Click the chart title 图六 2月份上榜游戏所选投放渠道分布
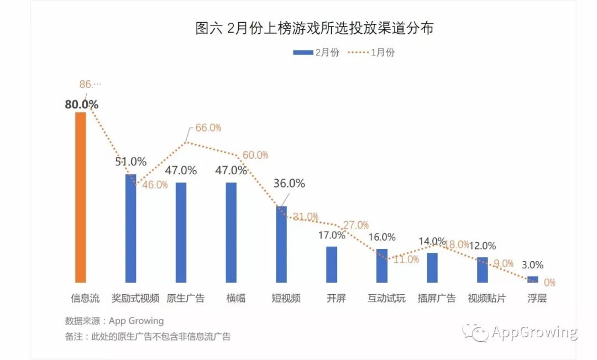[x=314, y=28]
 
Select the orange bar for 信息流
[x=81, y=197]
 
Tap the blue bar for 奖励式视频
[x=130, y=228]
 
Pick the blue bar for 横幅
[x=231, y=232]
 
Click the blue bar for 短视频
[x=281, y=244]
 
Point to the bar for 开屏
[x=332, y=264]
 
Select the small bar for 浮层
[x=533, y=279]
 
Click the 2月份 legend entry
[x=317, y=53]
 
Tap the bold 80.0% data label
[x=82, y=104]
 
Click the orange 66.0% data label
[x=208, y=128]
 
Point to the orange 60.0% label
[x=255, y=155]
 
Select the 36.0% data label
[x=289, y=184]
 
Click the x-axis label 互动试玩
[x=386, y=299]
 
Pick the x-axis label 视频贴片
[x=486, y=299]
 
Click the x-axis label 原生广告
[x=186, y=299]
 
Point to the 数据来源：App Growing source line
[x=114, y=321]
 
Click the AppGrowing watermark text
[x=534, y=332]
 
